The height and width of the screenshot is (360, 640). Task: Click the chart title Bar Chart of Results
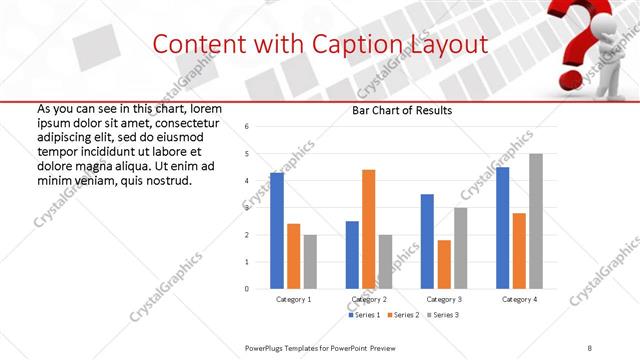[401, 110]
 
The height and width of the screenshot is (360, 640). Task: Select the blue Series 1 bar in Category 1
[277, 231]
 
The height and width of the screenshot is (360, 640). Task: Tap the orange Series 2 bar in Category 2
[368, 229]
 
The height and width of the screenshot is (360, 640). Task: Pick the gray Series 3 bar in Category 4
[535, 221]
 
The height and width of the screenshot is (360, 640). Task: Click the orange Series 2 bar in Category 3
[444, 264]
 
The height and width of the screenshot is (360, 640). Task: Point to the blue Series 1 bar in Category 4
[502, 228]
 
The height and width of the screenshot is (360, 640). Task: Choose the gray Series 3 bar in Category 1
[310, 262]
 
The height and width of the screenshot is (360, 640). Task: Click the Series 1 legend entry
[365, 315]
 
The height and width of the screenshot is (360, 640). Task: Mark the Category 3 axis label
[444, 299]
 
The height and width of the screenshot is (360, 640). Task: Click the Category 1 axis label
[293, 299]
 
